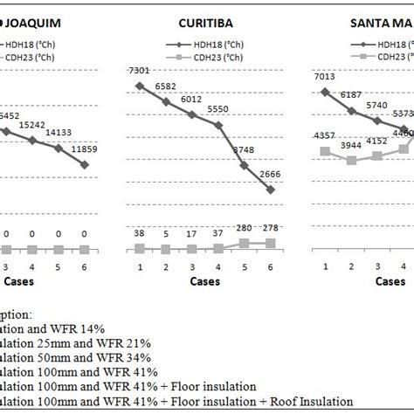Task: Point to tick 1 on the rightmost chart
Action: click(x=326, y=266)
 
